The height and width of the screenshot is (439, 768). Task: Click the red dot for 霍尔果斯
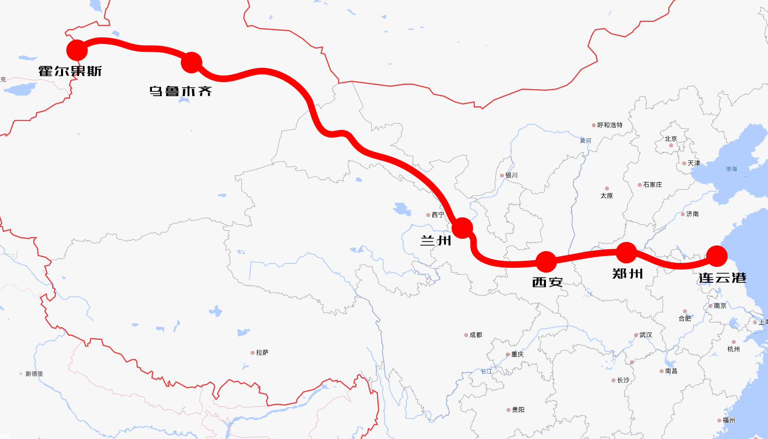pyautogui.click(x=77, y=50)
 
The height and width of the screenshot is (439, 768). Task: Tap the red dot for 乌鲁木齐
pyautogui.click(x=191, y=62)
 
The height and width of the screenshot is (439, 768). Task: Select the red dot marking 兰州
pyautogui.click(x=462, y=227)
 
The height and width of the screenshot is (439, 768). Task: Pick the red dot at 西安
pyautogui.click(x=546, y=262)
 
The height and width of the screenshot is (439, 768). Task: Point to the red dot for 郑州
pyautogui.click(x=626, y=252)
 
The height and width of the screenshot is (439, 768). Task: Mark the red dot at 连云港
pyautogui.click(x=717, y=256)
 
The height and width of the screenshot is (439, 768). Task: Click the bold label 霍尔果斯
pyautogui.click(x=70, y=71)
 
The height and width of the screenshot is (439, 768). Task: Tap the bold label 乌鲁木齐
pyautogui.click(x=181, y=91)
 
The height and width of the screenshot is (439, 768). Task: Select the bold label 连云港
pyautogui.click(x=722, y=278)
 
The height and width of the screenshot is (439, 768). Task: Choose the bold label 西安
pyautogui.click(x=547, y=282)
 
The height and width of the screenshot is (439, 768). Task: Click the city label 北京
pyautogui.click(x=671, y=139)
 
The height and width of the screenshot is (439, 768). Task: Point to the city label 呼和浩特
pyautogui.click(x=610, y=125)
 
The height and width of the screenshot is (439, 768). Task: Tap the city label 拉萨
pyautogui.click(x=262, y=353)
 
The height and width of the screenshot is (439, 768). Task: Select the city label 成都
pyautogui.click(x=476, y=335)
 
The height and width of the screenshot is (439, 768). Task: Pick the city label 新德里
pyautogui.click(x=34, y=374)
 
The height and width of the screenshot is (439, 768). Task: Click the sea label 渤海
pyautogui.click(x=731, y=169)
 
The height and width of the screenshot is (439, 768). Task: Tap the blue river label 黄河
pyautogui.click(x=585, y=140)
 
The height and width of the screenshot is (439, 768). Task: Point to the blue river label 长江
pyautogui.click(x=487, y=371)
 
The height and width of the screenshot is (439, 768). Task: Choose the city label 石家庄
pyautogui.click(x=652, y=185)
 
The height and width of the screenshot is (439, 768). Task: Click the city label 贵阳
pyautogui.click(x=518, y=410)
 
